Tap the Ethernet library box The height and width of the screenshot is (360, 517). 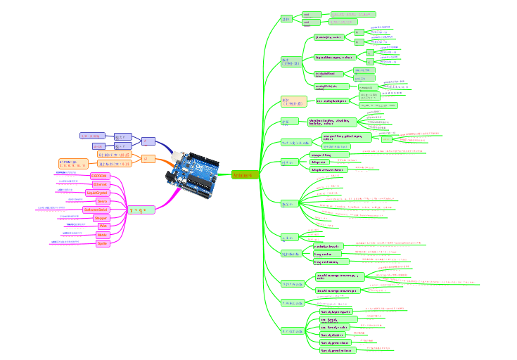100,184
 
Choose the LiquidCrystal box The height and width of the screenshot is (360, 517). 101,192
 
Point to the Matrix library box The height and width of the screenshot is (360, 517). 103,235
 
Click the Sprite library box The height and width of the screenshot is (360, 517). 103,243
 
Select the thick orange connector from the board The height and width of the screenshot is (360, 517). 165,162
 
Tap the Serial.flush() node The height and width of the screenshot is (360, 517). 333,335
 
